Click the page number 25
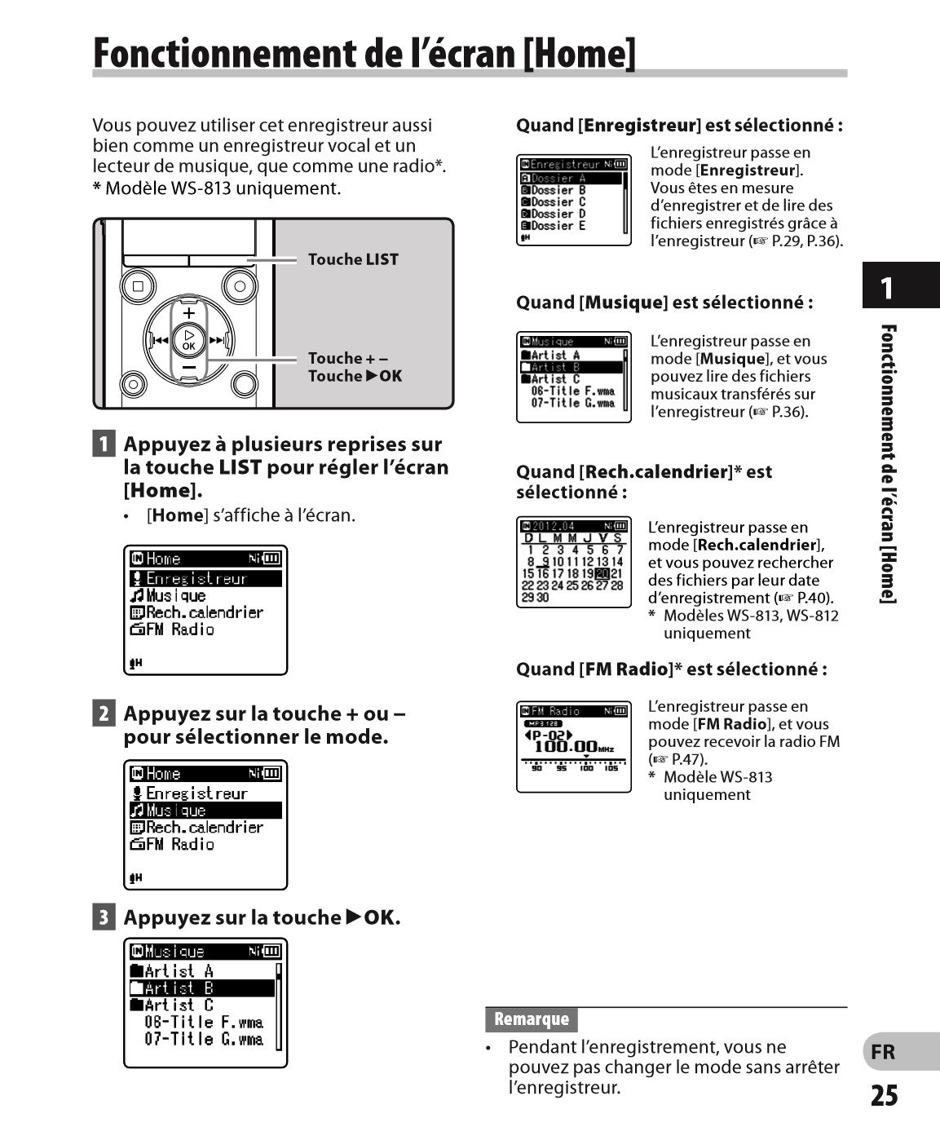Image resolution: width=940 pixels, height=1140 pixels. tap(884, 1095)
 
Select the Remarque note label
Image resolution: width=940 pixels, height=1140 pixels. tap(532, 1019)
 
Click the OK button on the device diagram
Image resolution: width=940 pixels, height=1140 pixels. tap(188, 340)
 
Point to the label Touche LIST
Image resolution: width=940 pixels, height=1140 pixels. tap(353, 259)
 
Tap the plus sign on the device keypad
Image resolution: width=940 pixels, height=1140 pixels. tap(188, 313)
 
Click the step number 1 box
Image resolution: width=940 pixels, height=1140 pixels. tap(104, 444)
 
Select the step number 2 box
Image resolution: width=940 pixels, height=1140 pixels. tap(104, 714)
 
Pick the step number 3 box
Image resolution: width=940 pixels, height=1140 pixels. tap(104, 917)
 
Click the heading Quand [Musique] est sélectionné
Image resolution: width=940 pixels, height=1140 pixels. tap(664, 303)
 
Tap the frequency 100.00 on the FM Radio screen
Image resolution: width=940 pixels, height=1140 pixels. tap(565, 746)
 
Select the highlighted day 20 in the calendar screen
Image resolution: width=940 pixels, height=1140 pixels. tap(602, 573)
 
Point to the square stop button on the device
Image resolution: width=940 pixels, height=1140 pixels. tap(138, 286)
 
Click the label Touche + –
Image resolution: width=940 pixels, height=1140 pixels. tap(347, 358)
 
